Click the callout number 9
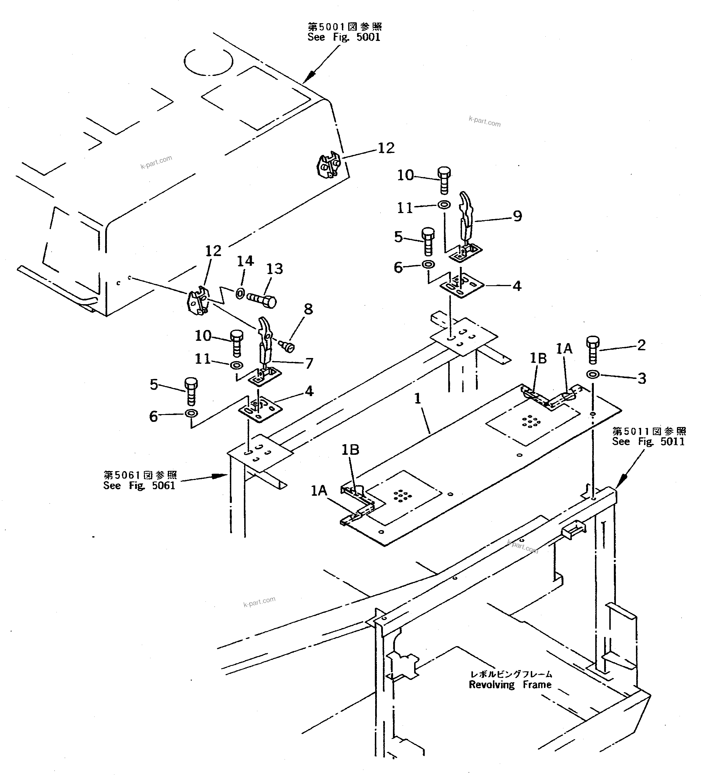pyautogui.click(x=518, y=216)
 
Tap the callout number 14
pyautogui.click(x=245, y=261)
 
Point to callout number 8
pyautogui.click(x=308, y=309)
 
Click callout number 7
pyautogui.click(x=309, y=363)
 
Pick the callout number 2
pyautogui.click(x=641, y=345)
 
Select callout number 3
pyautogui.click(x=642, y=379)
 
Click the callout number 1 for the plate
pyautogui.click(x=418, y=399)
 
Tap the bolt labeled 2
pyautogui.click(x=592, y=349)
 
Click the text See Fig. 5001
pyautogui.click(x=344, y=37)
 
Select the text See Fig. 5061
pyautogui.click(x=139, y=485)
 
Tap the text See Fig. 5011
pyautogui.click(x=648, y=441)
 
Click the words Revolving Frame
pyautogui.click(x=510, y=685)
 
